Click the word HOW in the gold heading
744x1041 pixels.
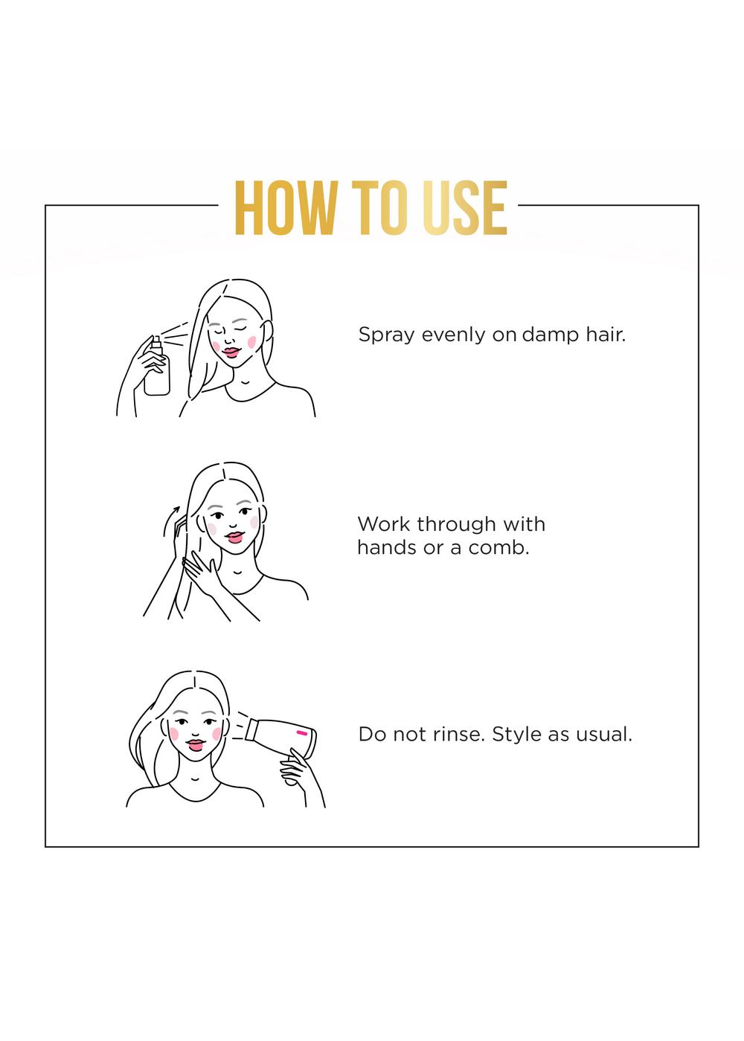pyautogui.click(x=284, y=207)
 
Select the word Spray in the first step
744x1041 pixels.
pyautogui.click(x=385, y=335)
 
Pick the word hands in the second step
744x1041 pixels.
pyautogui.click(x=386, y=548)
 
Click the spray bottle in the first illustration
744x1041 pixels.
pyautogui.click(x=157, y=367)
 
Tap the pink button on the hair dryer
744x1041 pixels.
pyautogui.click(x=302, y=733)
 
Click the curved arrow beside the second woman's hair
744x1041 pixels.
pyautogui.click(x=170, y=521)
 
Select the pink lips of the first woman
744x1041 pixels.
pyautogui.click(x=231, y=352)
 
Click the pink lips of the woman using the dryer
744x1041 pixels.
pyautogui.click(x=196, y=745)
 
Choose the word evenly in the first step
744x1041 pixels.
pyautogui.click(x=453, y=335)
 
